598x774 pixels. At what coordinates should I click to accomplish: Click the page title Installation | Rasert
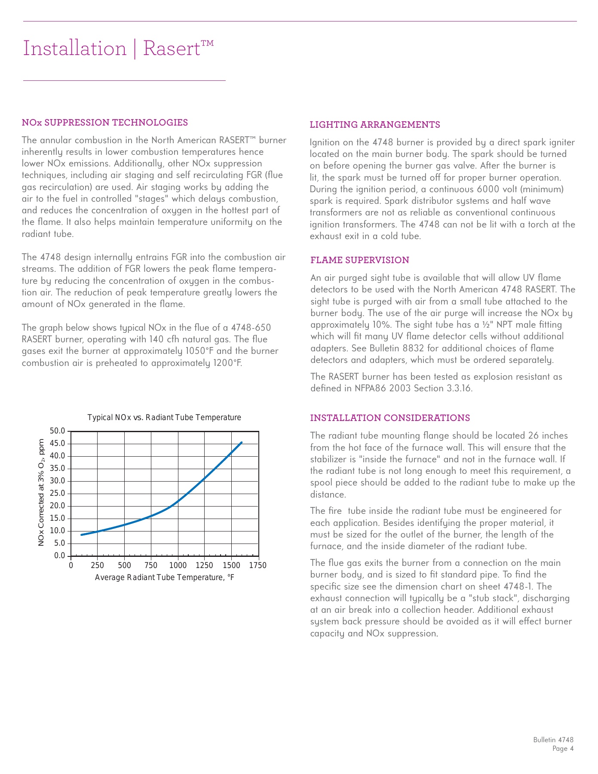pyautogui.click(x=118, y=48)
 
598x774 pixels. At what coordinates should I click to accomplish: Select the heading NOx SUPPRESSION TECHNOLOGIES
pyautogui.click(x=105, y=123)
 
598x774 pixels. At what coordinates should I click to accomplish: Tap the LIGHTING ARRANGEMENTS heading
pyautogui.click(x=375, y=125)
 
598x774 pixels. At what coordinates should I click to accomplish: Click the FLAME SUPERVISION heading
pyautogui.click(x=360, y=260)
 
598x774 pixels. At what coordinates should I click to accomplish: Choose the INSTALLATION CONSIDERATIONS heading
pyautogui.click(x=390, y=418)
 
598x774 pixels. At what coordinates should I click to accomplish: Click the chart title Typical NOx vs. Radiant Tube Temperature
pyautogui.click(x=164, y=418)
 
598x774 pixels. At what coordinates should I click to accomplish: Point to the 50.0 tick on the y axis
pyautogui.click(x=58, y=431)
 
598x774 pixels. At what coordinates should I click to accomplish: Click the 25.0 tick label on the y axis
pyautogui.click(x=58, y=494)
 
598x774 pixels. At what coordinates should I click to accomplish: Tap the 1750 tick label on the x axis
pyautogui.click(x=258, y=565)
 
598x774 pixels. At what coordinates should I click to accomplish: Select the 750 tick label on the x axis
pyautogui.click(x=151, y=565)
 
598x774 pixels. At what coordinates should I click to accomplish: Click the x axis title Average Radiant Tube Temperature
pyautogui.click(x=164, y=577)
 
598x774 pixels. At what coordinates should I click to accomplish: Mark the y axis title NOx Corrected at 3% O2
pyautogui.click(x=42, y=493)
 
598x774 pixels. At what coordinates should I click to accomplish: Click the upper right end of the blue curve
pyautogui.click(x=242, y=442)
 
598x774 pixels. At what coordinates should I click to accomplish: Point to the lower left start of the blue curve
pyautogui.click(x=81, y=535)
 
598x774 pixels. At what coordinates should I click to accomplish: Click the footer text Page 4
pyautogui.click(x=563, y=749)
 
